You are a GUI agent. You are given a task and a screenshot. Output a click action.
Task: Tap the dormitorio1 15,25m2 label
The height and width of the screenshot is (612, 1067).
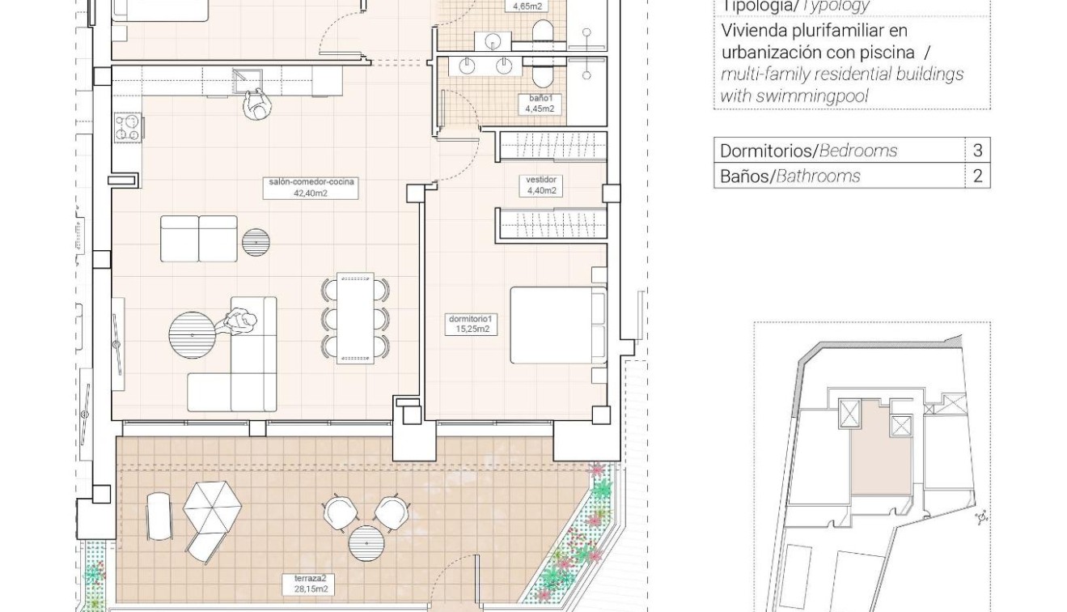point(472,324)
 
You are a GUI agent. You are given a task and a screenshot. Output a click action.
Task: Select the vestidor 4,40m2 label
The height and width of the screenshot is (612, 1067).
point(542,185)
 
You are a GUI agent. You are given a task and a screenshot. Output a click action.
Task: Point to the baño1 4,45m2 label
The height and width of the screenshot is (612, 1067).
point(540,104)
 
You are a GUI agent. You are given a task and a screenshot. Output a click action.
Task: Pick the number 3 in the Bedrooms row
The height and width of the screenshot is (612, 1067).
point(977,151)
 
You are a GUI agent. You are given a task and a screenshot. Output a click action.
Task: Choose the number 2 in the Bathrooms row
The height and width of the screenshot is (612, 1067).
point(977,176)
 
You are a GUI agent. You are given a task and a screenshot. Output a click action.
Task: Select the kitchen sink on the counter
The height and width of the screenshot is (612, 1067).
point(247,79)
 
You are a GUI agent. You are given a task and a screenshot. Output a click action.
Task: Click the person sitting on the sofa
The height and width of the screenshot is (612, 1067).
point(240,321)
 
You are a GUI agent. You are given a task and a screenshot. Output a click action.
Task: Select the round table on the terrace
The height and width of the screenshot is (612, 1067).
point(366,542)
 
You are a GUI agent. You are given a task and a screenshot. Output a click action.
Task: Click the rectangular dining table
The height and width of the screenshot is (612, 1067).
point(355,317)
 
